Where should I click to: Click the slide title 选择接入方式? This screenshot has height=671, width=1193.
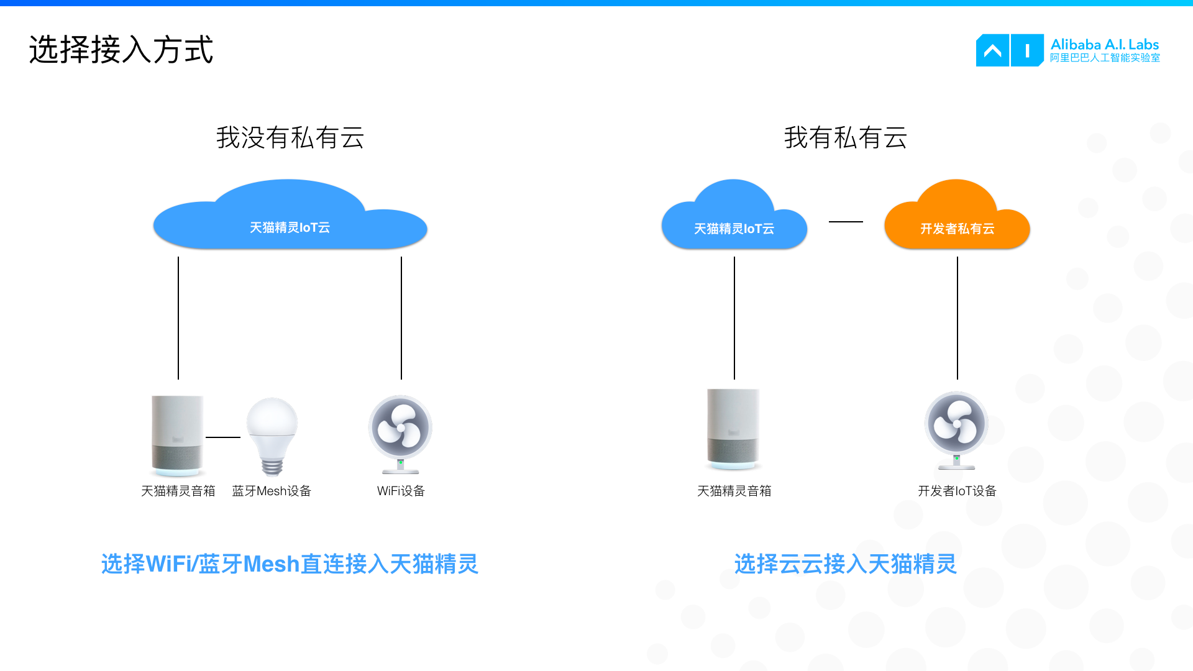(121, 50)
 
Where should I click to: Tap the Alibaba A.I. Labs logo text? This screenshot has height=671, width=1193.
(1104, 50)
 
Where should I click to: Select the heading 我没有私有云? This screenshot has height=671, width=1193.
(290, 137)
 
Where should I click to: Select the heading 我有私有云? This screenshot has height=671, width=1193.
(845, 137)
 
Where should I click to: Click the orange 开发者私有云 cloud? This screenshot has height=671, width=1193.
(957, 221)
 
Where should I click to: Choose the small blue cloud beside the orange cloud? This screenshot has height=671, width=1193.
(734, 221)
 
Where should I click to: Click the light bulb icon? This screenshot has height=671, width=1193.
(272, 435)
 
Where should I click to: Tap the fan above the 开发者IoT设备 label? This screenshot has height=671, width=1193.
(957, 429)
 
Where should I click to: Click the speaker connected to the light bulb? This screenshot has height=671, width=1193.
(178, 435)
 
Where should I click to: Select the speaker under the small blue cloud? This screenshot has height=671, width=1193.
(734, 429)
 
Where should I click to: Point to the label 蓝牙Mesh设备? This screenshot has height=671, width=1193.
(272, 491)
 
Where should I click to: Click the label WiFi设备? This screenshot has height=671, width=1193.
(401, 491)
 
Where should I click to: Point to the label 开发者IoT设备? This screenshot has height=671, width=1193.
(957, 491)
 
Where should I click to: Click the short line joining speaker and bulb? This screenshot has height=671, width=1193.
(223, 437)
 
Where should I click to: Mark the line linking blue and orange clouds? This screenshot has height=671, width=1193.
(846, 221)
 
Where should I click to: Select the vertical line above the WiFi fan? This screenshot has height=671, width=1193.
(401, 317)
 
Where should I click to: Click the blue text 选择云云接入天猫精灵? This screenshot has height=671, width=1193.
(845, 564)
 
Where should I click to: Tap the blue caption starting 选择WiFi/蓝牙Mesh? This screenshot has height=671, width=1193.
(290, 564)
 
